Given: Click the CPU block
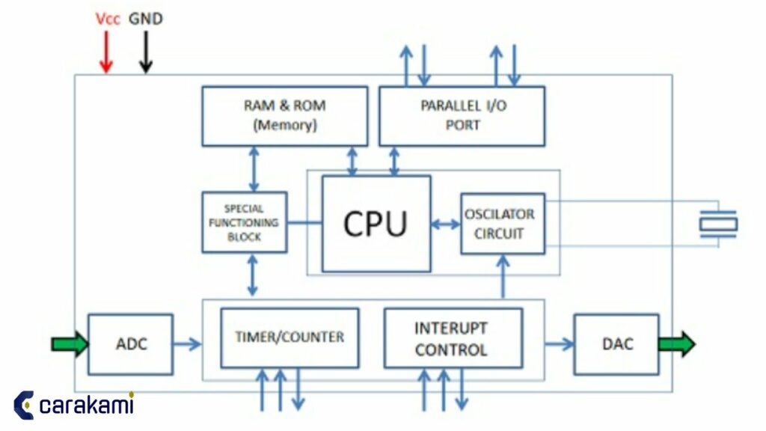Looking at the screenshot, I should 376,223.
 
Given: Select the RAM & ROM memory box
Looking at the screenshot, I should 284,116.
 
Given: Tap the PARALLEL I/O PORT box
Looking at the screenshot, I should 462,116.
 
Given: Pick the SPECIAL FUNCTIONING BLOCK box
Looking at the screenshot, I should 244,222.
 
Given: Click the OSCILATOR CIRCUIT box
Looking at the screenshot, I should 502,223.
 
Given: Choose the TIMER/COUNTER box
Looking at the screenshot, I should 289,337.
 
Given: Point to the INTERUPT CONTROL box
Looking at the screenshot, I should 453,338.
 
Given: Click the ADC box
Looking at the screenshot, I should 131,344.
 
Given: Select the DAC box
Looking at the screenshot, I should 616,344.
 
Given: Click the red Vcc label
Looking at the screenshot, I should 108,19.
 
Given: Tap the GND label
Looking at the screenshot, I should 146,19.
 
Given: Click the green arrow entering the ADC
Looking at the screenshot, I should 70,344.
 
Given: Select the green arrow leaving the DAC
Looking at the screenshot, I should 676,344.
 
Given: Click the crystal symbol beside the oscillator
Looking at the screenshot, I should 717,224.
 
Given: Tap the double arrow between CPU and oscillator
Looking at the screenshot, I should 446,224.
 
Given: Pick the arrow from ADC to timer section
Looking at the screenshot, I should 187,344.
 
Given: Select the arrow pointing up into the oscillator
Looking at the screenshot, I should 503,277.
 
